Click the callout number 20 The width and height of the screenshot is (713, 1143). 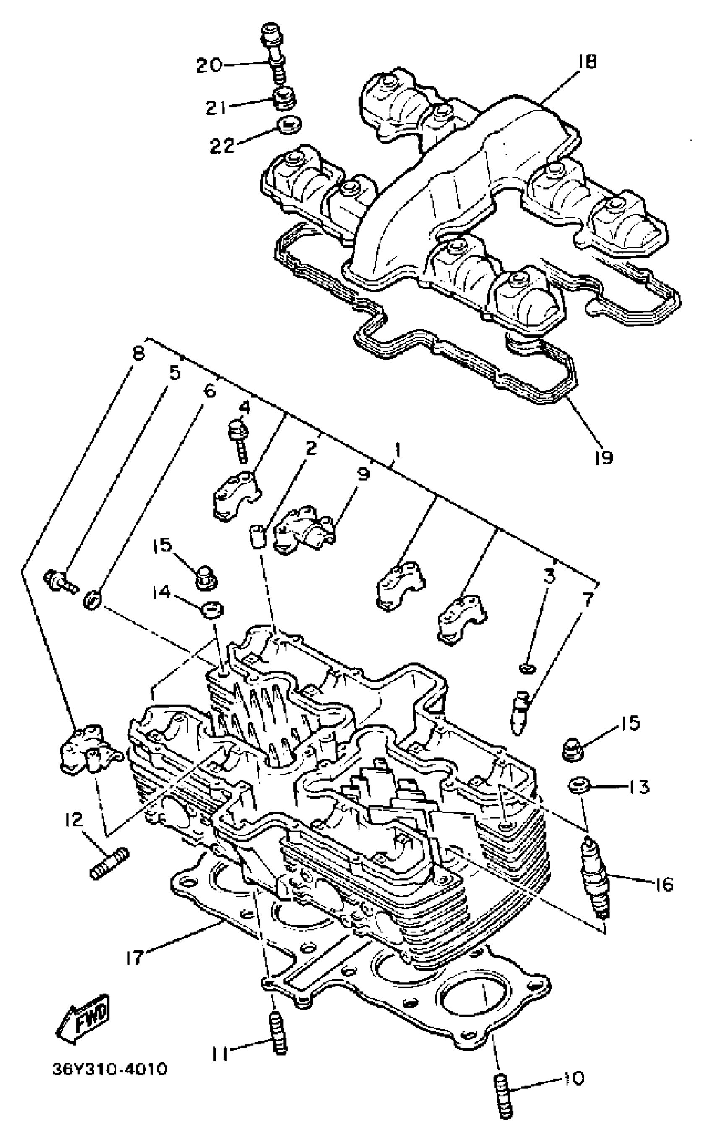coord(208,65)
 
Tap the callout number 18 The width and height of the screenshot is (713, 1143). coord(585,62)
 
